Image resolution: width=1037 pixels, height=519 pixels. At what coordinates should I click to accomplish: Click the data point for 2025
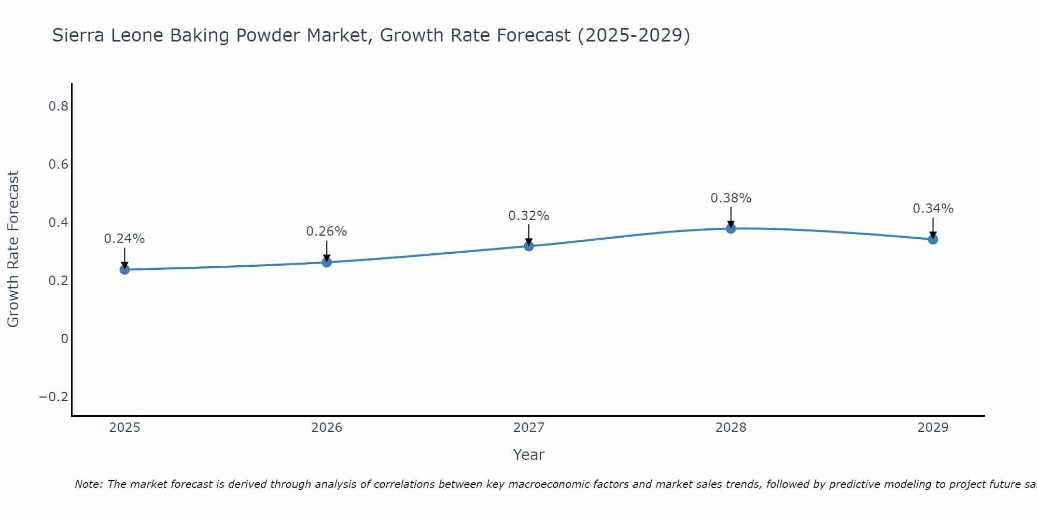click(x=124, y=269)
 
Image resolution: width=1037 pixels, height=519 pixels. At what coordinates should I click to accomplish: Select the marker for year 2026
click(x=327, y=262)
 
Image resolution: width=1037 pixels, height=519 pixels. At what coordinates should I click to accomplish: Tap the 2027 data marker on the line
click(x=529, y=246)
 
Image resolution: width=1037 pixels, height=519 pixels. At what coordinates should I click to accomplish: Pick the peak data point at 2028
click(x=731, y=228)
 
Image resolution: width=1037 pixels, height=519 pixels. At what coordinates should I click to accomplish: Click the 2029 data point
click(x=933, y=239)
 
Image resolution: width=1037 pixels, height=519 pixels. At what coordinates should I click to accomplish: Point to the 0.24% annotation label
click(x=124, y=239)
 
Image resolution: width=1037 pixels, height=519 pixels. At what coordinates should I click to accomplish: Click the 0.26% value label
click(x=327, y=231)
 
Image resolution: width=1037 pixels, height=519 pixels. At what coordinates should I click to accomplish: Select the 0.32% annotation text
click(x=529, y=216)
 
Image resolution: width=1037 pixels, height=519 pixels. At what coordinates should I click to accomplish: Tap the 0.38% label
click(x=731, y=198)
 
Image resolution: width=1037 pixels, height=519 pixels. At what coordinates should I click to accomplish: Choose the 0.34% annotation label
click(x=933, y=209)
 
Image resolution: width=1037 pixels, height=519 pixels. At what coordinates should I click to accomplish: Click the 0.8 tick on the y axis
click(x=58, y=106)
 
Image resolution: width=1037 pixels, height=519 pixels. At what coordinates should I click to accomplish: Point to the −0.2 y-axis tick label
click(x=54, y=397)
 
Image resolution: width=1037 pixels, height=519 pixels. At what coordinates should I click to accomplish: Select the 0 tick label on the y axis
click(x=64, y=339)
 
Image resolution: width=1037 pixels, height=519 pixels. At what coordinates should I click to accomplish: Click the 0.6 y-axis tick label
click(x=58, y=165)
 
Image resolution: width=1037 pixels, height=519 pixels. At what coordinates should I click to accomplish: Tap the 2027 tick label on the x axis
click(x=529, y=428)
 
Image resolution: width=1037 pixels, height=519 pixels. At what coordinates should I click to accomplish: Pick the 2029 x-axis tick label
click(x=933, y=428)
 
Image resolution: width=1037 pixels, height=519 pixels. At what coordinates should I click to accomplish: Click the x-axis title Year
click(x=529, y=455)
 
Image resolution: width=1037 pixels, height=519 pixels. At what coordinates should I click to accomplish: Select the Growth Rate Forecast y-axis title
click(x=13, y=249)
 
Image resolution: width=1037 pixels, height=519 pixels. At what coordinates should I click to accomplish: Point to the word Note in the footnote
click(x=89, y=484)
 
